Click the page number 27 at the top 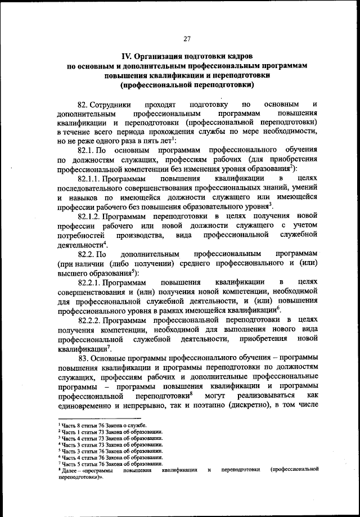click(187, 38)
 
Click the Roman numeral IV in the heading click(127, 56)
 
